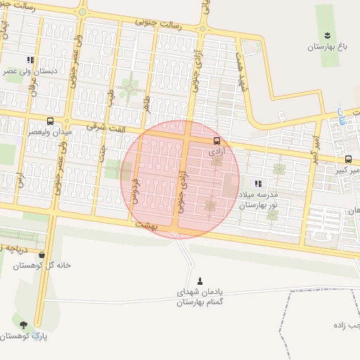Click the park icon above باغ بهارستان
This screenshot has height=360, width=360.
[x=327, y=35]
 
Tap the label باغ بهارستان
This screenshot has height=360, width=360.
[x=328, y=47]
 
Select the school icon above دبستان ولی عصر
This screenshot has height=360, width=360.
[x=30, y=60]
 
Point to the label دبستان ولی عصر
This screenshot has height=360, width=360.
[x=30, y=71]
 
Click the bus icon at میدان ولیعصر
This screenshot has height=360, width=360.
[x=49, y=121]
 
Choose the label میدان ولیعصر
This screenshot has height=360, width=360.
[x=49, y=131]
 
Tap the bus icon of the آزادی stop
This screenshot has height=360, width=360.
[x=216, y=140]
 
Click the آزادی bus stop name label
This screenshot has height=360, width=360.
[x=216, y=150]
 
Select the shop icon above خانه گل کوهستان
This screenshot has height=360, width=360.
[x=42, y=255]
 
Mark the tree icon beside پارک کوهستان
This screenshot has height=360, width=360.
[x=24, y=325]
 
